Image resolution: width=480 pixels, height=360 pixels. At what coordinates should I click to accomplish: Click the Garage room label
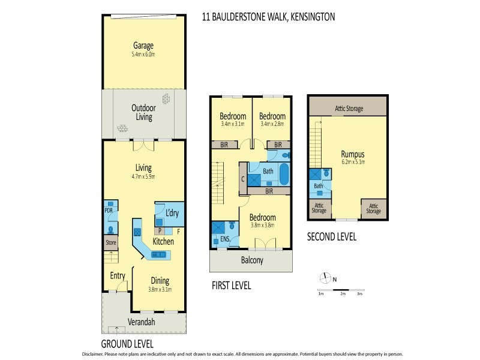pos(143,46)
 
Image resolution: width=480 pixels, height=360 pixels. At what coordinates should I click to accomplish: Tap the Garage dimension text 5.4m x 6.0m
pos(143,55)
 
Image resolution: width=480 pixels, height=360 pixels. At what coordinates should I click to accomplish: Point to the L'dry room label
pos(172,214)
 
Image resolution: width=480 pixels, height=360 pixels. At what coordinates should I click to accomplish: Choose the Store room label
pos(110,243)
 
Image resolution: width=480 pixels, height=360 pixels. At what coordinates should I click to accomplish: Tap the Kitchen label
pos(163,241)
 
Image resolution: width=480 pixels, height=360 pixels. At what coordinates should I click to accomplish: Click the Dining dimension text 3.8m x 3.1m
pos(160,289)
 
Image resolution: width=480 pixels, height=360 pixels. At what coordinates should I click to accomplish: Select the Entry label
pos(117,275)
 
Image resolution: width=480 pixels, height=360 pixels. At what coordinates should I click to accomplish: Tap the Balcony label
pos(250,261)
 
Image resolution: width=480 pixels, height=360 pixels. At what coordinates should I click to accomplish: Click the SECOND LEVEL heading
pos(331,237)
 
